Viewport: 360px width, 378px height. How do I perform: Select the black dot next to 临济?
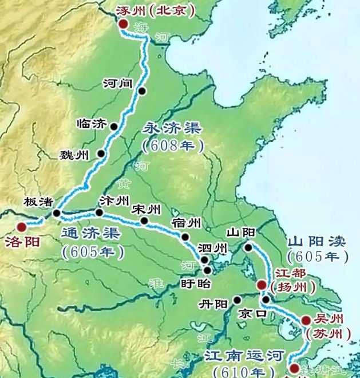click(x=114, y=127)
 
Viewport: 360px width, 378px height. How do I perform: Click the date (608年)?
click(x=173, y=146)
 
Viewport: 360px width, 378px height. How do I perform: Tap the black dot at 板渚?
click(x=57, y=213)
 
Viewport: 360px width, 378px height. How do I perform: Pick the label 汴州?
click(x=111, y=201)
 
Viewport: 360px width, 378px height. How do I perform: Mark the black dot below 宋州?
click(x=145, y=220)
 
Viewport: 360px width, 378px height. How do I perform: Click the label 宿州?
click(x=185, y=223)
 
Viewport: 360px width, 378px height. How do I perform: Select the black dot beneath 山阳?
click(x=248, y=247)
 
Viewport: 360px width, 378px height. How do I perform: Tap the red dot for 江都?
click(x=261, y=284)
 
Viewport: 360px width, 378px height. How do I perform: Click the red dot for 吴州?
click(x=306, y=320)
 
